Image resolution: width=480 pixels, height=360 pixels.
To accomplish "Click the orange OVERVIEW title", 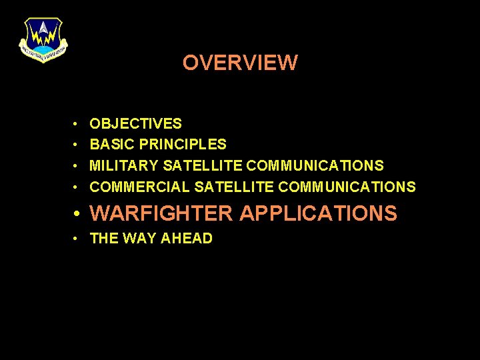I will pyautogui.click(x=240, y=63).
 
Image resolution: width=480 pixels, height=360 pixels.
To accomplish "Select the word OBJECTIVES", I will pyautogui.click(x=135, y=123).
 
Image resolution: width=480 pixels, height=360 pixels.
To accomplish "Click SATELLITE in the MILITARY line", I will pyautogui.click(x=203, y=165).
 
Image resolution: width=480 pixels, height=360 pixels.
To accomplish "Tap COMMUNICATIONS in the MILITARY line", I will pyautogui.click(x=315, y=165).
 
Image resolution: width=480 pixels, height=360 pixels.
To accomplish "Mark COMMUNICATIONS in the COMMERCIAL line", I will pyautogui.click(x=347, y=187).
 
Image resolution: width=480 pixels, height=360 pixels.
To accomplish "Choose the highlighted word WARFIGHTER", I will pyautogui.click(x=162, y=214).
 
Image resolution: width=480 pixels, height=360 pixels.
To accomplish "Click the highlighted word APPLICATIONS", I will pyautogui.click(x=318, y=214).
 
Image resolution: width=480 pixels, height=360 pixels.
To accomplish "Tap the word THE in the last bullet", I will pyautogui.click(x=103, y=239).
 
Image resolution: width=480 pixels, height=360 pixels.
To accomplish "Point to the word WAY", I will pyautogui.click(x=137, y=239).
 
